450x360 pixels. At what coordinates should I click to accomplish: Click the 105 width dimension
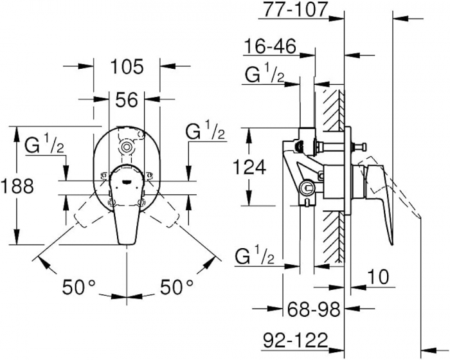pyautogui.click(x=127, y=67)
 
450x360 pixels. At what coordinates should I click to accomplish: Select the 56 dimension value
pyautogui.click(x=127, y=100)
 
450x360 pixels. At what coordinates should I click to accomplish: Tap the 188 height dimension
pyautogui.click(x=17, y=186)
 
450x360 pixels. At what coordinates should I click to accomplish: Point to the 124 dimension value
pyautogui.click(x=249, y=167)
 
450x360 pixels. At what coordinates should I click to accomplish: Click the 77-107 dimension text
pyautogui.click(x=296, y=9)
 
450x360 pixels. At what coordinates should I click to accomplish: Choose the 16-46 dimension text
pyautogui.click(x=270, y=46)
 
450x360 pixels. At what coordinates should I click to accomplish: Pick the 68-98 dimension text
pyautogui.click(x=314, y=309)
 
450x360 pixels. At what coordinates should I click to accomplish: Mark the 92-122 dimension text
pyautogui.click(x=295, y=340)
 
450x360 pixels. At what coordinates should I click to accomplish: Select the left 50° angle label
pyautogui.click(x=78, y=287)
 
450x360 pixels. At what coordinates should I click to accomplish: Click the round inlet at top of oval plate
pyautogui.click(x=126, y=147)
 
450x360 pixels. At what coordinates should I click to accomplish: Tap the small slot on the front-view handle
pyautogui.click(x=126, y=181)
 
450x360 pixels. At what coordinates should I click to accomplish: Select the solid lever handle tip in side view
pyautogui.click(x=392, y=242)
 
